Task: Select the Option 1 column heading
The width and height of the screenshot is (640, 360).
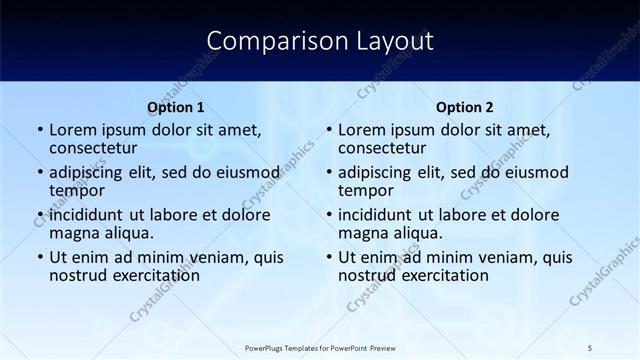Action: (x=176, y=107)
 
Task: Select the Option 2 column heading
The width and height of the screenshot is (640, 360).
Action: (x=465, y=107)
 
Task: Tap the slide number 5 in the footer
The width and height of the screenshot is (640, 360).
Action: (x=590, y=347)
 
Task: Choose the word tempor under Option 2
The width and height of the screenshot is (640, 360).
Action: (x=362, y=191)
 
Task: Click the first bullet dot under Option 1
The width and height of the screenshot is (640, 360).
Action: (x=39, y=130)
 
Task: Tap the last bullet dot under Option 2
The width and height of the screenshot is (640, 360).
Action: (x=328, y=258)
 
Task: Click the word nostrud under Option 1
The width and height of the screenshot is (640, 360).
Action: (x=76, y=275)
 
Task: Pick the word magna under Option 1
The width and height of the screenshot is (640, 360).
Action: (x=73, y=233)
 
